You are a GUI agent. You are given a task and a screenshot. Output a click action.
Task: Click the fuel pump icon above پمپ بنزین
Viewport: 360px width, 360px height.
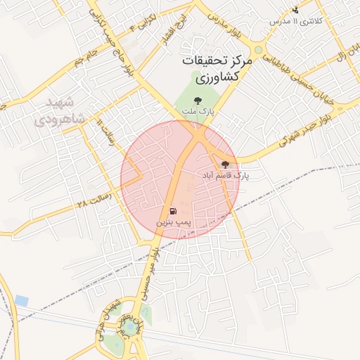tap(173, 210)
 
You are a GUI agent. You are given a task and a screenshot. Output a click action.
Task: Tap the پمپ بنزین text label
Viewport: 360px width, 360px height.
tap(173, 221)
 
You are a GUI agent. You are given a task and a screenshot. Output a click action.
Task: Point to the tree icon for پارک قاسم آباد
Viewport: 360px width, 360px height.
tap(226, 164)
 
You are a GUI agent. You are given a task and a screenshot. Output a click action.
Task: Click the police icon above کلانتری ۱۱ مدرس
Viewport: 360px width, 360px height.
tap(296, 10)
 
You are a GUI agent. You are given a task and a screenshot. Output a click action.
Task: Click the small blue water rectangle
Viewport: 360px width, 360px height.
tap(21, 300)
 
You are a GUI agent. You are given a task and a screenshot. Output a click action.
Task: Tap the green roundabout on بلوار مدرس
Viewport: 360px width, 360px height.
tap(260, 50)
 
